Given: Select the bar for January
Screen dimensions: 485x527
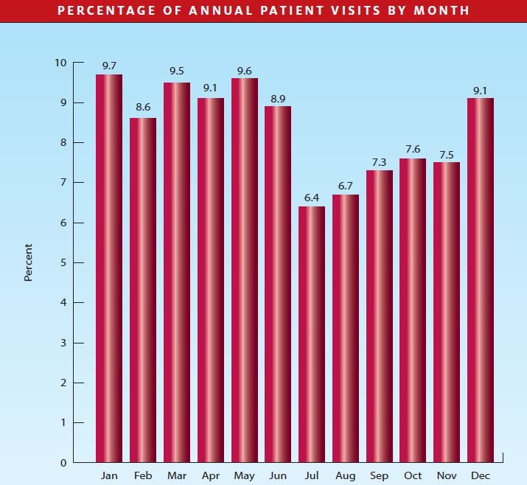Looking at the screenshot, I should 109,268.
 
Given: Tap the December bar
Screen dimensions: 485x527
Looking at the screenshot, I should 480,280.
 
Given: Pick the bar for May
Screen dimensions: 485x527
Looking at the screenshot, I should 245,270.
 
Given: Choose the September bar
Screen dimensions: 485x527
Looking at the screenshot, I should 379,316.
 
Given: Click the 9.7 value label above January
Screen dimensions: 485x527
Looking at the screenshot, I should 109,66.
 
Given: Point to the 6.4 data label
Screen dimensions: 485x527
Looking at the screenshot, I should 312,198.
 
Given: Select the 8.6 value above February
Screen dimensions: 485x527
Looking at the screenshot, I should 143,108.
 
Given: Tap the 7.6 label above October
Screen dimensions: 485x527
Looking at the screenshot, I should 413,149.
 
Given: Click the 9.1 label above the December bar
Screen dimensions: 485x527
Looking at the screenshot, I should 480,91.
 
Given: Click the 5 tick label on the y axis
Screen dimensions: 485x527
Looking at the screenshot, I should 64,262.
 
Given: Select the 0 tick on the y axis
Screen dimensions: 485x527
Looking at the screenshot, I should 64,463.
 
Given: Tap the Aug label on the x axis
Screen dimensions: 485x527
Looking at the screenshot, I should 345,476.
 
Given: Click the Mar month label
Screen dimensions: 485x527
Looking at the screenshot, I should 177,476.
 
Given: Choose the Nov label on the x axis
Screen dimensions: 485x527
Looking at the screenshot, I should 446,476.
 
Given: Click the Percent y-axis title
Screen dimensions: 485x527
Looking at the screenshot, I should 29,262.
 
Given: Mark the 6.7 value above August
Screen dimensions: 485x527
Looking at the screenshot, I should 346,186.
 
